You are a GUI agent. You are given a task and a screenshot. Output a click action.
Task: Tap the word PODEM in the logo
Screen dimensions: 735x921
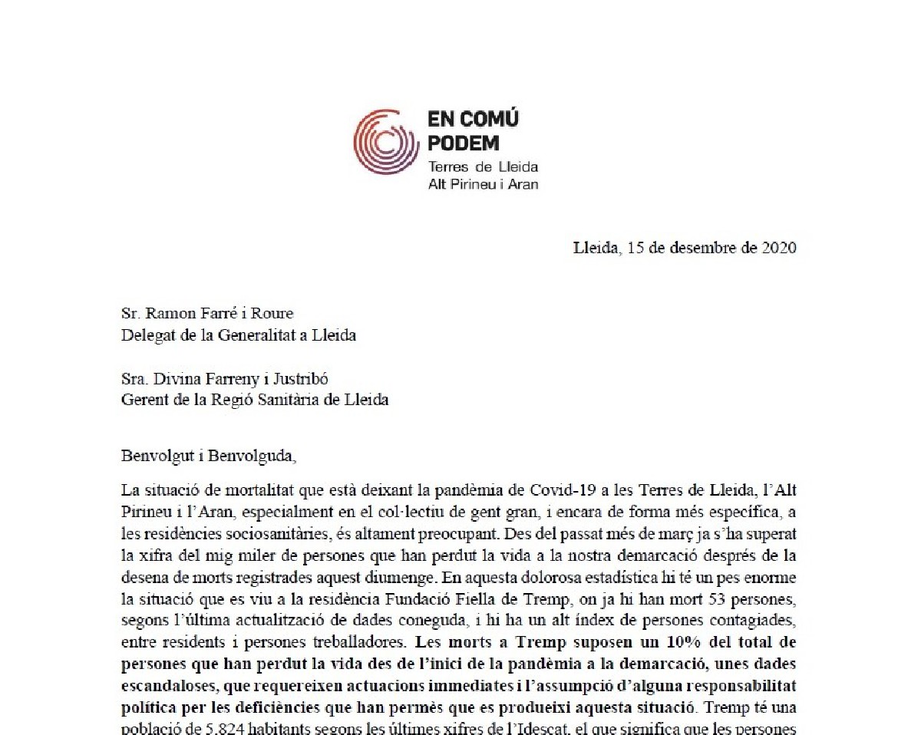[464, 143]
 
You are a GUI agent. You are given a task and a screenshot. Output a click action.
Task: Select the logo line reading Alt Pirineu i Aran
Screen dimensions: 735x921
[483, 185]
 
